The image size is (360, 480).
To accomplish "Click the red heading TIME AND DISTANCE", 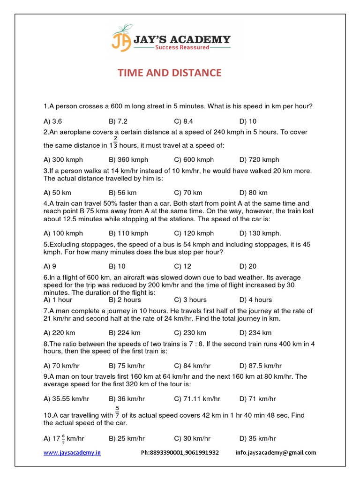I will (x=169, y=73).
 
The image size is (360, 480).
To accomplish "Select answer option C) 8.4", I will (x=183, y=121).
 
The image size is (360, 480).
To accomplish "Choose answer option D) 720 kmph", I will (x=259, y=160).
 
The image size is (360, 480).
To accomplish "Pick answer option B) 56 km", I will (x=122, y=193).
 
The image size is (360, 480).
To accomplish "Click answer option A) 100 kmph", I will (x=63, y=233).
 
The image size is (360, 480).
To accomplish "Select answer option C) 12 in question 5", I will (x=182, y=266).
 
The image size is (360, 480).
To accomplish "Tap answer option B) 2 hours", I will (x=125, y=300).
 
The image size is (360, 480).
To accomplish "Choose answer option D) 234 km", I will (x=255, y=333).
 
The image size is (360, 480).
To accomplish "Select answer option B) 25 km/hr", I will (x=127, y=439).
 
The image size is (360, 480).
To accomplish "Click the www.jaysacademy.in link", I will (x=72, y=453).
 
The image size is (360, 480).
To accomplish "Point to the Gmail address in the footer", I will (x=276, y=453).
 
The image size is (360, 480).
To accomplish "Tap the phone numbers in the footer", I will (x=180, y=453).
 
